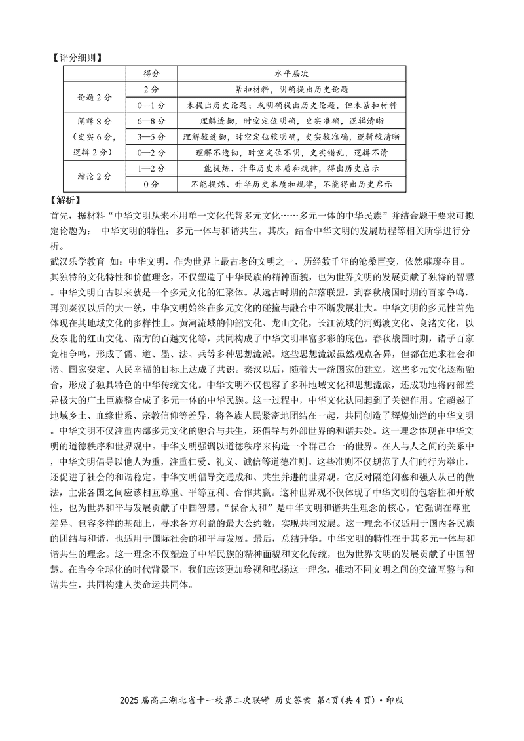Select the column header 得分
pos(151,73)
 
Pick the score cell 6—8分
pos(151,121)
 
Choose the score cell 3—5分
pos(151,137)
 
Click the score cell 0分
pos(151,185)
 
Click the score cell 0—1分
pos(151,105)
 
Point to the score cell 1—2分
pos(151,168)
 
